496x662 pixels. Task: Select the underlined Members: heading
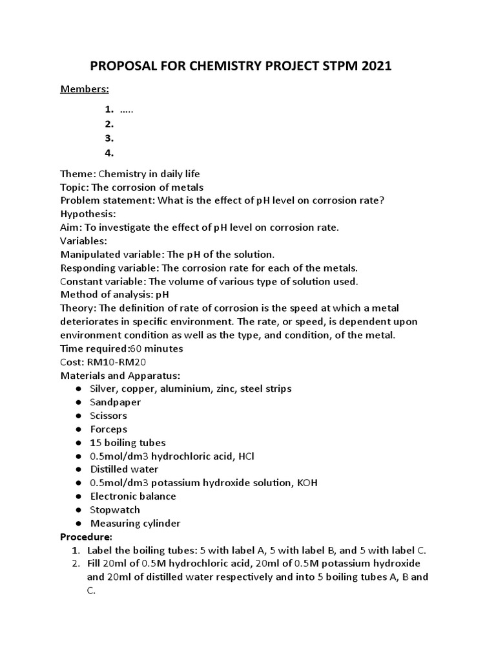coord(85,89)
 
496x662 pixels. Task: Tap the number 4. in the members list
coord(109,153)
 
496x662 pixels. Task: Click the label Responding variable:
coord(111,268)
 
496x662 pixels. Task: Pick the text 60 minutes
coord(156,348)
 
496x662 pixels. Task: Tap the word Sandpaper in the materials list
coord(116,402)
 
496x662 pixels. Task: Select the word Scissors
coord(108,416)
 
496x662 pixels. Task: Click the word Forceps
coord(108,429)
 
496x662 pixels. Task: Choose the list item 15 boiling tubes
coord(128,443)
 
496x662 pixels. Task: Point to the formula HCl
coord(245,456)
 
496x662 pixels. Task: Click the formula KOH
coord(307,483)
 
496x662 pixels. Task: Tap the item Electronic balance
coord(133,496)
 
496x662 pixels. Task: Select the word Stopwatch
coord(115,510)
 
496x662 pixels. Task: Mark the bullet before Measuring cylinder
coord(77,524)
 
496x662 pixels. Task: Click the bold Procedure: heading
coord(86,537)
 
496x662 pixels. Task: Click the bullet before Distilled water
coord(77,469)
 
